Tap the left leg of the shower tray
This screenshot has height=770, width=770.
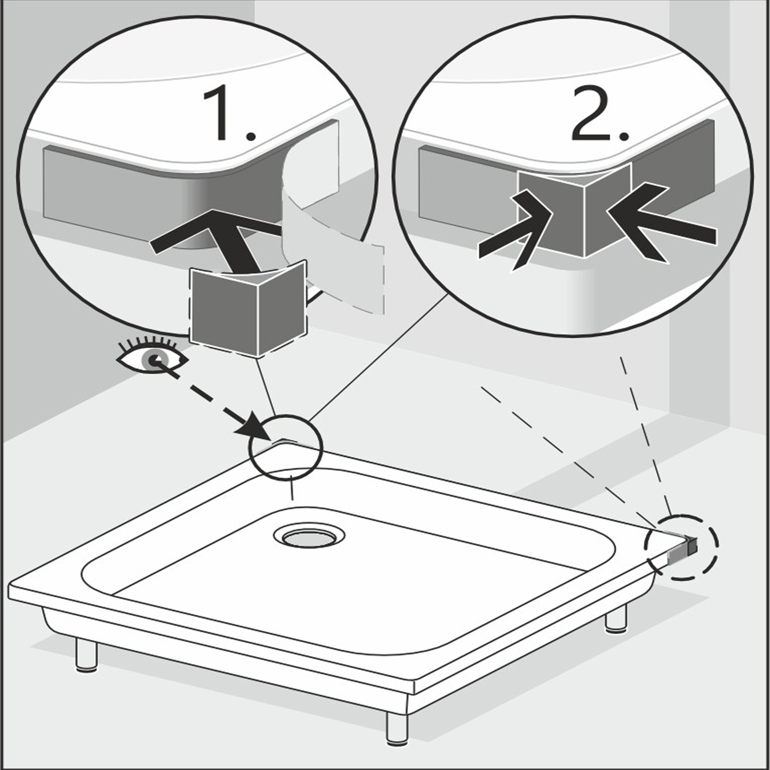(87, 655)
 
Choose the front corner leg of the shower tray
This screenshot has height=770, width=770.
(397, 728)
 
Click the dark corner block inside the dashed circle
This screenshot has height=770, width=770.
(689, 545)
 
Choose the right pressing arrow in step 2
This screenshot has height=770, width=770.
(662, 223)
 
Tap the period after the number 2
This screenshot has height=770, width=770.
(624, 135)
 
